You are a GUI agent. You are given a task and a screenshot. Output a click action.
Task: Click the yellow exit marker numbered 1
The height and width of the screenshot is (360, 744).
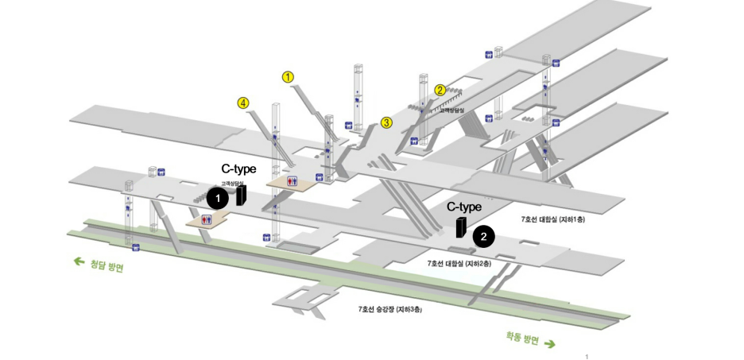pos(289,77)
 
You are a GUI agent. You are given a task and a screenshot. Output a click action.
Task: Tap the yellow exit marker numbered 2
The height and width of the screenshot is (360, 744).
pos(440,90)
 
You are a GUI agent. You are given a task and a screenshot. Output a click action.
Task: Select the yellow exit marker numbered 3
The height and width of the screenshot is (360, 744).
pos(386,122)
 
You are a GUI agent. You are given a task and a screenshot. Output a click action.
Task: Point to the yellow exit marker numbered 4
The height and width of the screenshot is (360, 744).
pos(243,103)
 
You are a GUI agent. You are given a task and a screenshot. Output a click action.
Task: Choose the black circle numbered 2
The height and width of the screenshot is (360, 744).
pos(484,236)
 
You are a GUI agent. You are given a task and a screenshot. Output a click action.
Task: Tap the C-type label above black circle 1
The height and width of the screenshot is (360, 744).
pos(238,169)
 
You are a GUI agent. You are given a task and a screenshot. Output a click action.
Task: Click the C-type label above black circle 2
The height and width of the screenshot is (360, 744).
pos(464,207)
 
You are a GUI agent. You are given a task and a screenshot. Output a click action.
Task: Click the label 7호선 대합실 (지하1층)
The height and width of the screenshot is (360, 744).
pos(552,219)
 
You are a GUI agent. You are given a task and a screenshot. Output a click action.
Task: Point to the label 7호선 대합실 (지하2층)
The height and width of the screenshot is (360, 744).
pos(459,262)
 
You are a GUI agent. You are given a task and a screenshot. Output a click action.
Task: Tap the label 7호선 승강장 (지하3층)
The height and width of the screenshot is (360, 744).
pos(389,308)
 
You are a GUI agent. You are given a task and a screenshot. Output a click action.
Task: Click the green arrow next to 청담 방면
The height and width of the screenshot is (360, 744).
pos(79,261)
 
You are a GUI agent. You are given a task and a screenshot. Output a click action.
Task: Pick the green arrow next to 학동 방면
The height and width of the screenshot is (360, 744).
pos(550,344)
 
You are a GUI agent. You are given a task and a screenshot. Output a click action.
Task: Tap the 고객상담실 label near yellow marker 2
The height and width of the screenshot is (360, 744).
pos(451,110)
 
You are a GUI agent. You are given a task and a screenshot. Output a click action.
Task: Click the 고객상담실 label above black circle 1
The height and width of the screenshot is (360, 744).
pos(231,183)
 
